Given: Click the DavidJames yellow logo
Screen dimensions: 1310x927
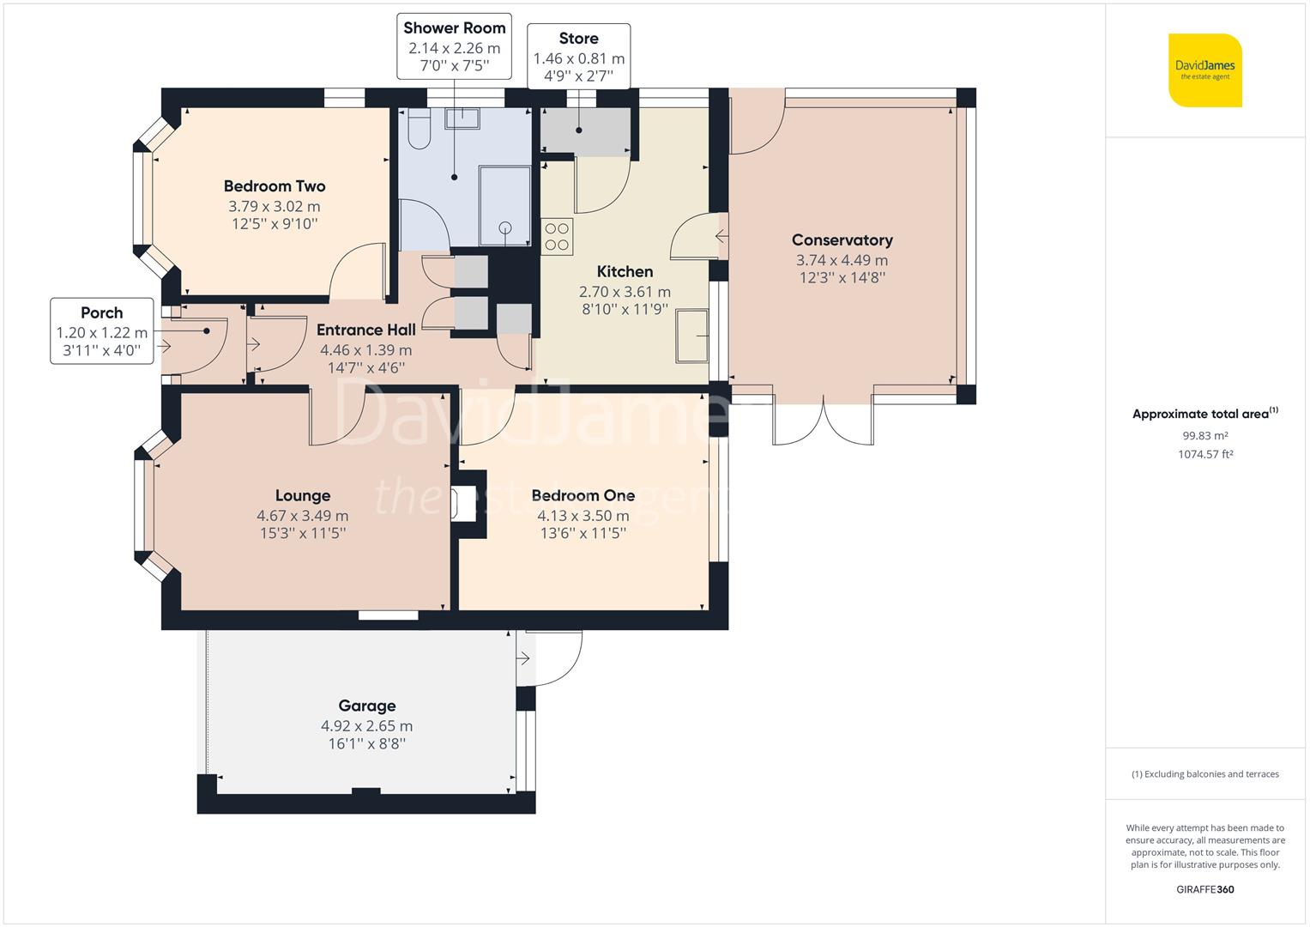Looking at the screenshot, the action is pyautogui.click(x=1204, y=70).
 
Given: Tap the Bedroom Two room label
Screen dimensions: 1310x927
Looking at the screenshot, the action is pyautogui.click(x=275, y=186).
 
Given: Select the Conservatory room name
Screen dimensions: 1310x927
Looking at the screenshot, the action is pyautogui.click(x=842, y=240).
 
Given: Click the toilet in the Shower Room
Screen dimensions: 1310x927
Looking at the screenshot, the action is pyautogui.click(x=419, y=128).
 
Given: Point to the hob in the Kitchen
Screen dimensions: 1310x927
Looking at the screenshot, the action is pyautogui.click(x=557, y=236).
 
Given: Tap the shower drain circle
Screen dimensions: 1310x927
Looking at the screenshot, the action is pyautogui.click(x=505, y=228).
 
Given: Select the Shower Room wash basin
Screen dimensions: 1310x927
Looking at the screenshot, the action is pyautogui.click(x=462, y=118).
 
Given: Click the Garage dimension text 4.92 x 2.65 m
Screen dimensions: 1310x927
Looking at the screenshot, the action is pyautogui.click(x=366, y=725).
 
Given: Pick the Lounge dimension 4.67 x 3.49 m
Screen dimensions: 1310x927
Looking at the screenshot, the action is pyautogui.click(x=302, y=516).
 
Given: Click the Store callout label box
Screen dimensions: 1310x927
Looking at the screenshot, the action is pyautogui.click(x=579, y=56).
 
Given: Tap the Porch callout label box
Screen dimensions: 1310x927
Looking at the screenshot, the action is pyautogui.click(x=102, y=330).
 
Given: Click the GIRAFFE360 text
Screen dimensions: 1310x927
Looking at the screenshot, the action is pyautogui.click(x=1204, y=889).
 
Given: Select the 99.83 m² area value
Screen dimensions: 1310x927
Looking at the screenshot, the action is pyautogui.click(x=1204, y=435).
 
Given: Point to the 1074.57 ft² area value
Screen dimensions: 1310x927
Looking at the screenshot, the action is pyautogui.click(x=1204, y=454).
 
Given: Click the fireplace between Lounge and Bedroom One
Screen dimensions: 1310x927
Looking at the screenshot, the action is pyautogui.click(x=468, y=504).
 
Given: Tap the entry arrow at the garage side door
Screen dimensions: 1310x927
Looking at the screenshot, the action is pyautogui.click(x=522, y=658).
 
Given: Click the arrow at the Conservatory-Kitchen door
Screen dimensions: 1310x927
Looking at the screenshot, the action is pyautogui.click(x=721, y=236).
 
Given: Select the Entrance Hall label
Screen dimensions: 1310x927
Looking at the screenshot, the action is pyautogui.click(x=366, y=330).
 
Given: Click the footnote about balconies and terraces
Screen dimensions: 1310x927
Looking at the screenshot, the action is pyautogui.click(x=1204, y=774).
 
